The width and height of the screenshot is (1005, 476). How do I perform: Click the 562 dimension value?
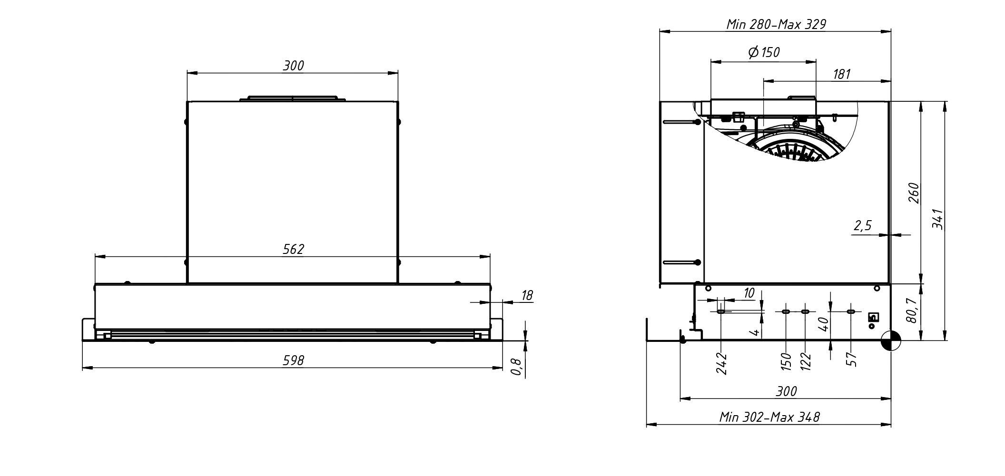click(x=293, y=249)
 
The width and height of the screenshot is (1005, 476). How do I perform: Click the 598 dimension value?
click(x=293, y=360)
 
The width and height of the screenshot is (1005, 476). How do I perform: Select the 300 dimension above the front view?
click(x=293, y=66)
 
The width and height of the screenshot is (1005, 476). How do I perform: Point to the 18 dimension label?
click(x=527, y=295)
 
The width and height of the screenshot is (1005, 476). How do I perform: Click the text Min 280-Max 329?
click(x=776, y=24)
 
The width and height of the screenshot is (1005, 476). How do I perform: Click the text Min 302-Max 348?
click(x=769, y=418)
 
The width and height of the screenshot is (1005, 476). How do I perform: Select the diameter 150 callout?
click(x=764, y=52)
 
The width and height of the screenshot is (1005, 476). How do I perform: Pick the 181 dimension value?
click(x=841, y=74)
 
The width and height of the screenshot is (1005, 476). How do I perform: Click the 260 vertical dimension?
click(x=914, y=193)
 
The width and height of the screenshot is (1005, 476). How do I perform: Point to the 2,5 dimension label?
click(x=863, y=225)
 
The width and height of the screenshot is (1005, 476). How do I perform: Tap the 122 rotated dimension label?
click(x=805, y=361)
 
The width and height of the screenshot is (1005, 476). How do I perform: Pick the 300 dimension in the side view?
click(x=786, y=391)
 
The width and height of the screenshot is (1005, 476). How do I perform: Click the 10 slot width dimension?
click(x=749, y=293)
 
